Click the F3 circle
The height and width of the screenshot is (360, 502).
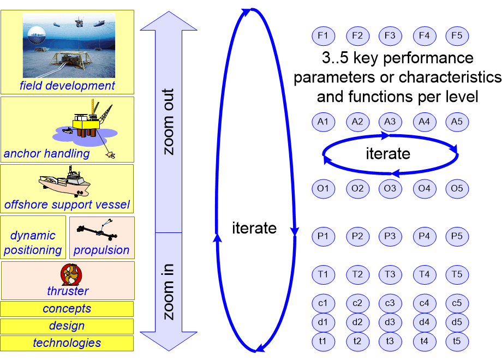click(x=390, y=36)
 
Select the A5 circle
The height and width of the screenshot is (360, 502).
click(x=457, y=122)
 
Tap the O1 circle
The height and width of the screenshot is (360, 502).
click(x=324, y=189)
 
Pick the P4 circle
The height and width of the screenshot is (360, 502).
click(x=425, y=237)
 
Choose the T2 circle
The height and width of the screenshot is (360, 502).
click(x=358, y=274)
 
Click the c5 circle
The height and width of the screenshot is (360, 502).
click(x=457, y=303)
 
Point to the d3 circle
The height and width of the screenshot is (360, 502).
click(x=390, y=322)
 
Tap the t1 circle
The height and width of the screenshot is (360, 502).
click(x=324, y=341)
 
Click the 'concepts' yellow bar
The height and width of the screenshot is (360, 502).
click(x=67, y=309)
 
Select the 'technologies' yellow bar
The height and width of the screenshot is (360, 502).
click(x=67, y=343)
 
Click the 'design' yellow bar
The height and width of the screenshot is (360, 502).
click(x=67, y=326)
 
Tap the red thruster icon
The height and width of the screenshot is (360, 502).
click(x=71, y=274)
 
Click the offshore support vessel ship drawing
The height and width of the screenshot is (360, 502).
click(x=65, y=181)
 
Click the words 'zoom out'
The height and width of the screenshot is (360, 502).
click(x=168, y=122)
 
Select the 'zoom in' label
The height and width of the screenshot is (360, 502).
click(x=168, y=292)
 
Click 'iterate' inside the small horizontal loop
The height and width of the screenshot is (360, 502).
click(x=388, y=154)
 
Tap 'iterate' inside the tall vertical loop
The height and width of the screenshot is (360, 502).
click(x=254, y=228)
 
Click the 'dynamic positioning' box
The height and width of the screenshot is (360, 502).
click(x=33, y=237)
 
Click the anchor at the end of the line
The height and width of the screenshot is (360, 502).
click(x=111, y=155)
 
